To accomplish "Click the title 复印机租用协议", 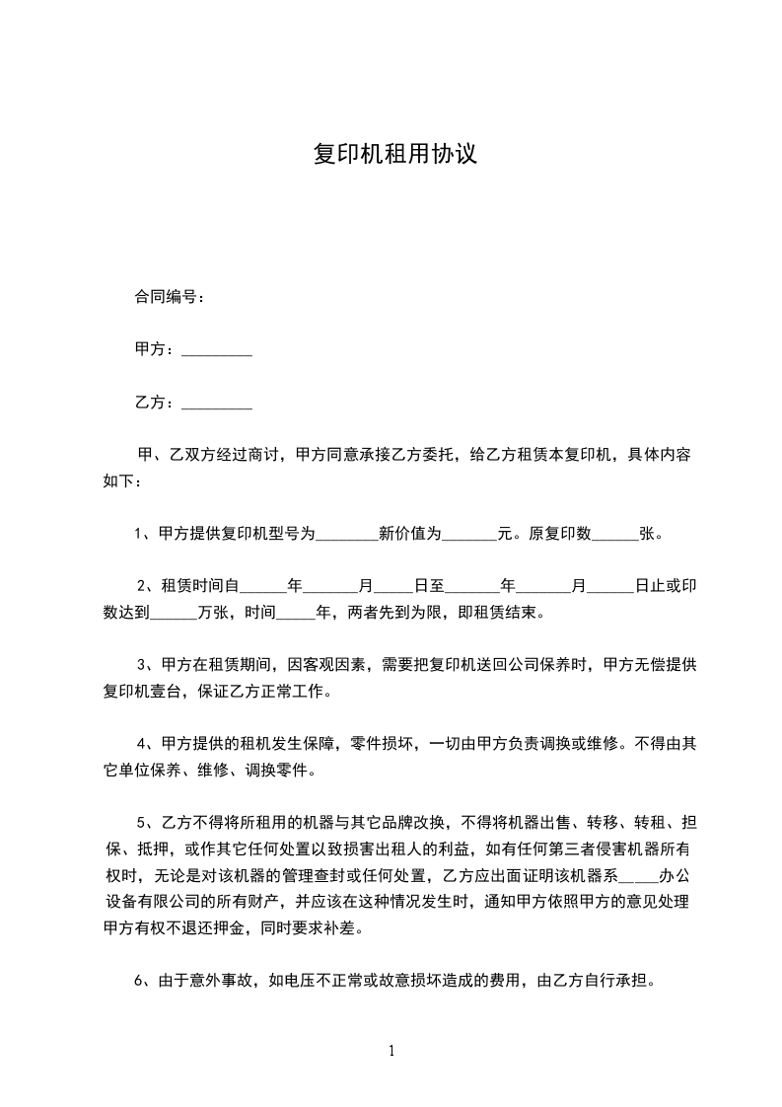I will pos(394,155).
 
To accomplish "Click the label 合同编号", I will pos(167,296).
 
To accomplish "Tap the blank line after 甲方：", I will pos(217,350).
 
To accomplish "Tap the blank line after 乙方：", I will pos(217,404).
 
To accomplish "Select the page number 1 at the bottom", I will pos(391,1051).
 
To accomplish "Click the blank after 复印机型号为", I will pos(346,536).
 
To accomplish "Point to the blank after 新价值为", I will pos(467,536).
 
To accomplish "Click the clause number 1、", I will pos(142,535).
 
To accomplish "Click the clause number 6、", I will pos(142,982).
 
